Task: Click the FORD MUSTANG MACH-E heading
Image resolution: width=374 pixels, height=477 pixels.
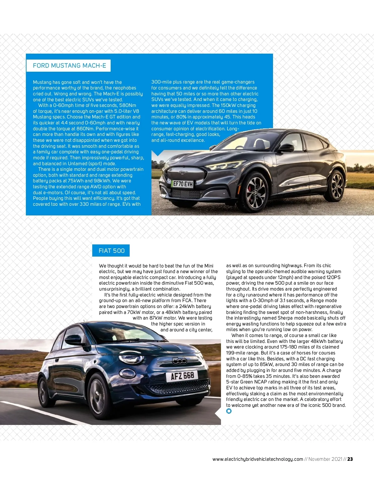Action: pos(69,66)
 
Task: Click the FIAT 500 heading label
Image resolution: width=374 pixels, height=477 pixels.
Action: pos(111,251)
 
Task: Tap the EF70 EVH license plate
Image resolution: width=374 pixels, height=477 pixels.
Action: pos(183,184)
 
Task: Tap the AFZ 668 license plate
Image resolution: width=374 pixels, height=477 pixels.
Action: pos(182,376)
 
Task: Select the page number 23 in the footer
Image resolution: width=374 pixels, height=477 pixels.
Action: pos(350,459)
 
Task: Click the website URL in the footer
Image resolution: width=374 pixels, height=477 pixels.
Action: pos(257,459)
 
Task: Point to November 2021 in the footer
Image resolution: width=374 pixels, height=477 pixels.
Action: pos(325,459)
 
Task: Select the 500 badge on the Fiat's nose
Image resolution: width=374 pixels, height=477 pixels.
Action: pos(180,361)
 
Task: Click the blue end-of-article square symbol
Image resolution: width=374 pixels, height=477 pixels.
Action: pos(229,411)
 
